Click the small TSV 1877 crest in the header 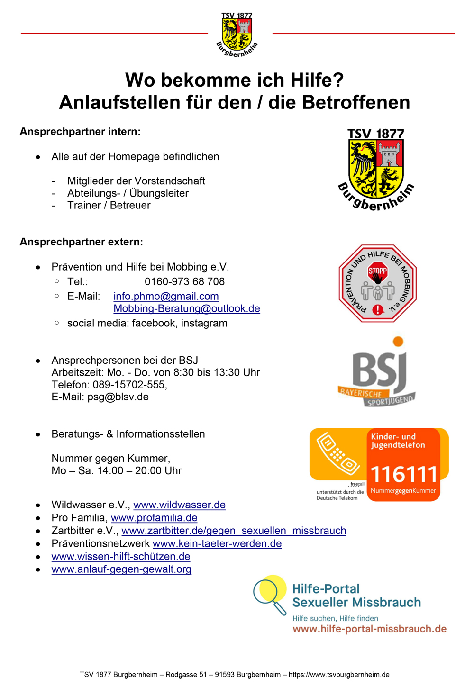237,34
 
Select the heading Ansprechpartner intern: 80,132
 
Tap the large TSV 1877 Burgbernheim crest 376,169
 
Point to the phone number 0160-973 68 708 184,282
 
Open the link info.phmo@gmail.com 166,297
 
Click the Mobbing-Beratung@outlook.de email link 187,309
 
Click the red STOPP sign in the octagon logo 378,271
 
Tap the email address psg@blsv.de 118,397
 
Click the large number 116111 403,474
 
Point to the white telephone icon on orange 338,454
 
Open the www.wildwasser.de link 179,505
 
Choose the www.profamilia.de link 154,518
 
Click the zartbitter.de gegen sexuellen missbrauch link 234,531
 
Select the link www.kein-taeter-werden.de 217,544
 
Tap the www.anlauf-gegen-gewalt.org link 121,569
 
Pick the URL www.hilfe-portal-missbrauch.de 369,629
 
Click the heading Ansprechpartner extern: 81,242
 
